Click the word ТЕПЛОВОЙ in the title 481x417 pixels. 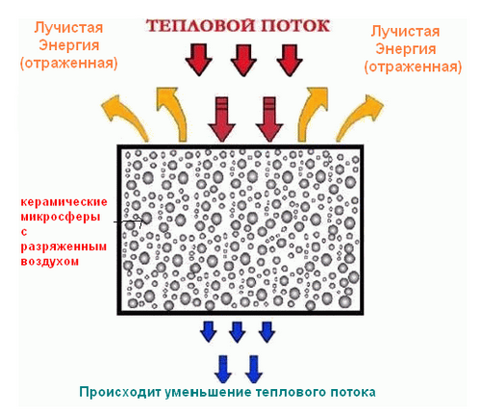[201, 25]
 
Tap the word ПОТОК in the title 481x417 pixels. [295, 25]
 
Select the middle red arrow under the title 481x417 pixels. [243, 60]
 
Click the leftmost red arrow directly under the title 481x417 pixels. [198, 60]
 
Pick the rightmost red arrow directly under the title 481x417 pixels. [290, 60]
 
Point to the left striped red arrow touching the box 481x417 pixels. [222, 119]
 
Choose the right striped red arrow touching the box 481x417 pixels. [269, 119]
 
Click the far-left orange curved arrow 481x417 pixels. [128, 117]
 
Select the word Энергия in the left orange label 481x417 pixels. [69, 45]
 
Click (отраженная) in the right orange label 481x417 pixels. [413, 66]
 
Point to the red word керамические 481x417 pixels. [64, 202]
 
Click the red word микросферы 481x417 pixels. [61, 217]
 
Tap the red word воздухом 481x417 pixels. [50, 261]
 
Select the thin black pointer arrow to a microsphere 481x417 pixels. [130, 222]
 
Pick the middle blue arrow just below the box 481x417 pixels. [238, 331]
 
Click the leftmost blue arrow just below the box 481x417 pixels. [208, 331]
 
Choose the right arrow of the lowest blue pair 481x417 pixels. [254, 369]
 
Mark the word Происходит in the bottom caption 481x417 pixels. [120, 392]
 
